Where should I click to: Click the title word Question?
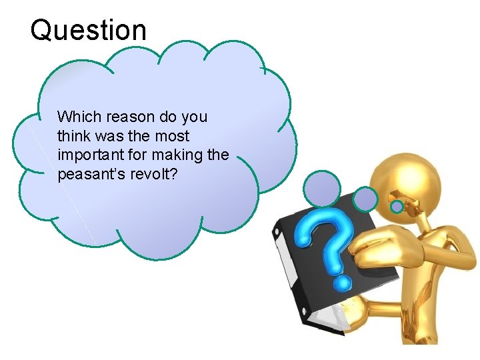(x=88, y=30)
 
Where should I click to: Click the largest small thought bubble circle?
(x=323, y=189)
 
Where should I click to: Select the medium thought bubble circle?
(x=365, y=198)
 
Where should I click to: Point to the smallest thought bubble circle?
(x=397, y=207)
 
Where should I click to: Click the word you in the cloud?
(x=194, y=117)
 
